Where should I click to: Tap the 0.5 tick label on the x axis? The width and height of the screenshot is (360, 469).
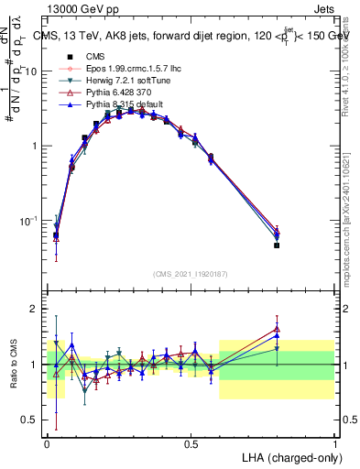(191, 442)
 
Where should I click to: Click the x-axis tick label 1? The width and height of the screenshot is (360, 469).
(334, 442)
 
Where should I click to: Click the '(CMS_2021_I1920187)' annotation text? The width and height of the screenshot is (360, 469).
(190, 274)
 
